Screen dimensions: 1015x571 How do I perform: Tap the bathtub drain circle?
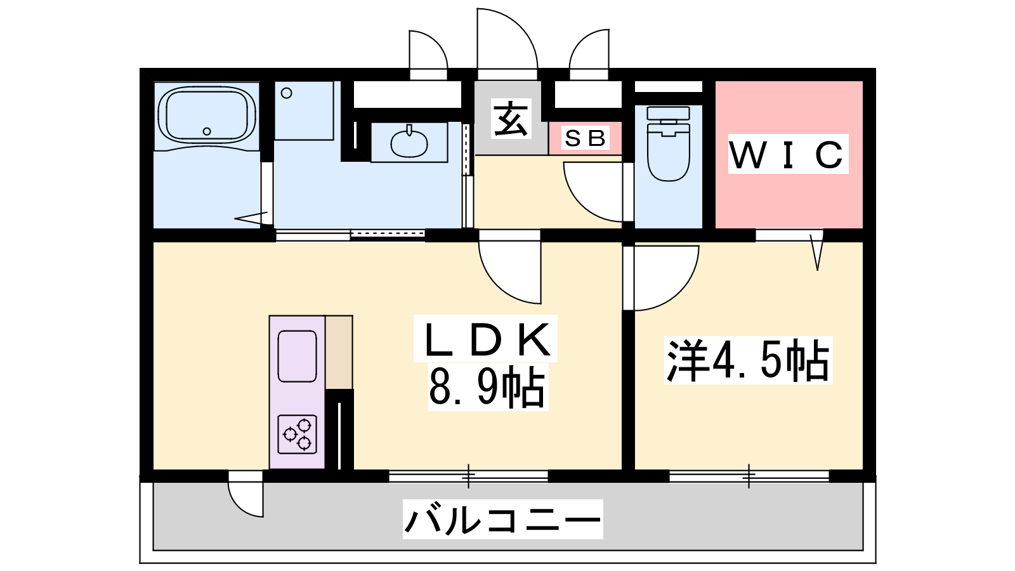207,131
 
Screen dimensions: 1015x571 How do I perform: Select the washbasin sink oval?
409,143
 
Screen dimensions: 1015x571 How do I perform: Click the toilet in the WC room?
669,143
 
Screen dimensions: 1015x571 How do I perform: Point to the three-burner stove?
298,434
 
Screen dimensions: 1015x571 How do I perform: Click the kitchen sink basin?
298,356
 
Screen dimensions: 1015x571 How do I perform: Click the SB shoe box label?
585,138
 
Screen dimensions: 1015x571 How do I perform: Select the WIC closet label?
788,154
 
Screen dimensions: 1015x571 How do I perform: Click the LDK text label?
486,339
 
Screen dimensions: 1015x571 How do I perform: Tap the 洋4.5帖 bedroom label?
748,360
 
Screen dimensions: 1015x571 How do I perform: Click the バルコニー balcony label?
502,520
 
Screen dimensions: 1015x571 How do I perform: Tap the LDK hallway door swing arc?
510,272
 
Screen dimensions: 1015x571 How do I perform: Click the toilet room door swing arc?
593,192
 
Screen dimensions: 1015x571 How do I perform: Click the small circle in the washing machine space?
286,93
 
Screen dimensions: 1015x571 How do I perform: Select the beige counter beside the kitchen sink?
339,352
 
